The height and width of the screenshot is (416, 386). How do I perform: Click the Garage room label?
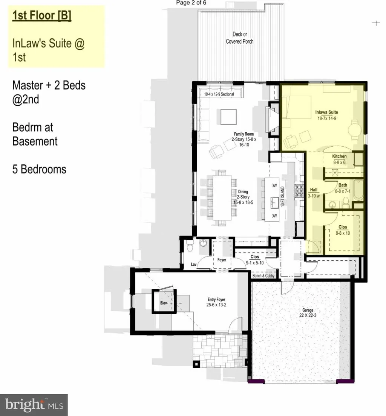tap(308, 313)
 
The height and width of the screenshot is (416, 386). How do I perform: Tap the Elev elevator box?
tap(164, 301)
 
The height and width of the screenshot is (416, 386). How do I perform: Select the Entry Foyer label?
tap(216, 302)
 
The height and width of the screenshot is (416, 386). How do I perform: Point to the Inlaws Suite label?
tap(327, 115)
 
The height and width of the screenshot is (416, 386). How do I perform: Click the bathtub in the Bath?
tap(358, 190)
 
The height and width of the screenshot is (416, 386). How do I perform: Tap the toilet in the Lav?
tap(190, 247)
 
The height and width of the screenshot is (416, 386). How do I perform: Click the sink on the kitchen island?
tap(274, 203)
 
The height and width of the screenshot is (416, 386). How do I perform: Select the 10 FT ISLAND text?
tap(283, 196)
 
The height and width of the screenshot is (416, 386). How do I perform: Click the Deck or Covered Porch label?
tap(239, 38)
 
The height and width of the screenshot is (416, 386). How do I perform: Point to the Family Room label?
tap(244, 139)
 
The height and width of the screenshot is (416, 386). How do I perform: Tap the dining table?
tap(222, 197)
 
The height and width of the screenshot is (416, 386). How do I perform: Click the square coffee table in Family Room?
tap(229, 117)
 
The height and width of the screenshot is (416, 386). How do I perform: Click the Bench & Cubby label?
tap(263, 276)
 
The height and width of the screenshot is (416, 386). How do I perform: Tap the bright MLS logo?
tap(34, 405)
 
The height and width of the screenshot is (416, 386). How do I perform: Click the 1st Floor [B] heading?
tap(42, 15)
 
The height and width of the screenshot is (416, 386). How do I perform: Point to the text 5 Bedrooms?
tap(39, 169)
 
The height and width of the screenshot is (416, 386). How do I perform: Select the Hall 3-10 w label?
tap(314, 193)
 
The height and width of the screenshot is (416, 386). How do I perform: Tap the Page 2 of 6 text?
tap(191, 3)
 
